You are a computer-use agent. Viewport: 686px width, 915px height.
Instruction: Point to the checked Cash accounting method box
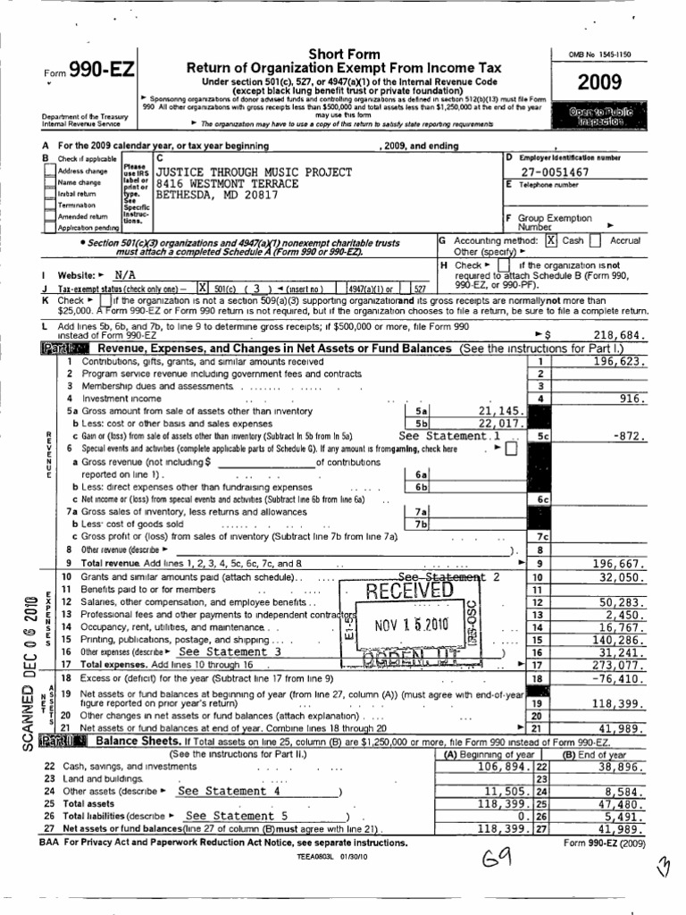pos(551,240)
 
